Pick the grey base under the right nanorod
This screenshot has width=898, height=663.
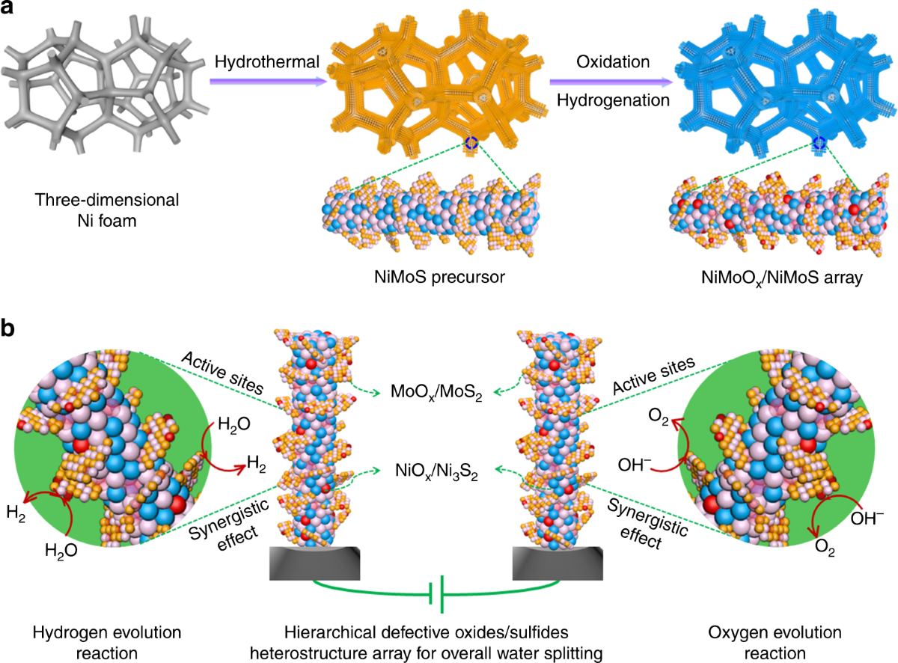click(556, 561)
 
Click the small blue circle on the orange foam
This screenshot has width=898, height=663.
click(471, 142)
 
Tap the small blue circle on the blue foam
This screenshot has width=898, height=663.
click(819, 142)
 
